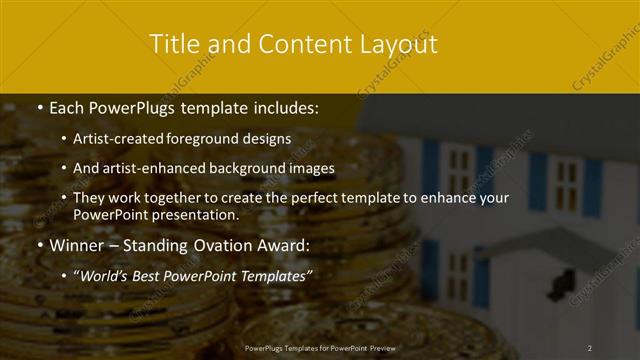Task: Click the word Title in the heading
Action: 172,44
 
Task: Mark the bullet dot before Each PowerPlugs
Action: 39,106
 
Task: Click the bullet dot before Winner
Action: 39,245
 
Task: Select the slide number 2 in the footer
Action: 590,347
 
